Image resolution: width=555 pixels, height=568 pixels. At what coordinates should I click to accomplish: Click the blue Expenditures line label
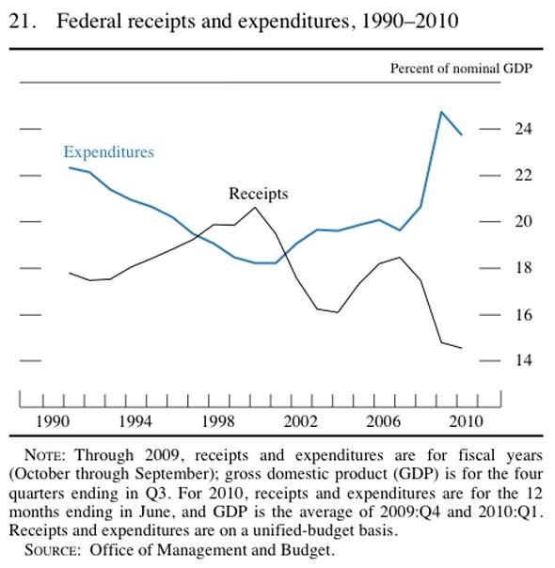[109, 152]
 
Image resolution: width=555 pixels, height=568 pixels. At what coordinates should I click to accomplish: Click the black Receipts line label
[259, 194]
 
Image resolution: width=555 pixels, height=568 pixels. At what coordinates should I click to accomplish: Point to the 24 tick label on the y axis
[523, 129]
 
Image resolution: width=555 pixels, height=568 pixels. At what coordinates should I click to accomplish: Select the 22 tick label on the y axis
[523, 175]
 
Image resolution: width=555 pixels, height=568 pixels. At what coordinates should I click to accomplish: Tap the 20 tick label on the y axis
[523, 221]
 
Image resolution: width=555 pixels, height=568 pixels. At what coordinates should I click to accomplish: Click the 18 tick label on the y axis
[523, 268]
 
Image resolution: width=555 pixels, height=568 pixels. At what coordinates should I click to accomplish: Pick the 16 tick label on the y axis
[523, 315]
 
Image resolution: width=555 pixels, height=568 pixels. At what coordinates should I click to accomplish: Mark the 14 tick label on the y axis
[523, 360]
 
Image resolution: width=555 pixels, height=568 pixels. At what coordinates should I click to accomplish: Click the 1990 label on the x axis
[53, 421]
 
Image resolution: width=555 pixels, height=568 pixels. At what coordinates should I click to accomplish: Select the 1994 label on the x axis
[135, 421]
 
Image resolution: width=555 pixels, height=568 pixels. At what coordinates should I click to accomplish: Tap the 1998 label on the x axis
[218, 421]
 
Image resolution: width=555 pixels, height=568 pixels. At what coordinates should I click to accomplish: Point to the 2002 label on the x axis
[301, 421]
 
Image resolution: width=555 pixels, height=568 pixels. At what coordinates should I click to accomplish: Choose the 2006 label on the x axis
[383, 421]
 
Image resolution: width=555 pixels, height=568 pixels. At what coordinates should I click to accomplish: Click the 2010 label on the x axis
[466, 421]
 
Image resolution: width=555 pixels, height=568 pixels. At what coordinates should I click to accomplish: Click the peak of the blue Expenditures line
[441, 112]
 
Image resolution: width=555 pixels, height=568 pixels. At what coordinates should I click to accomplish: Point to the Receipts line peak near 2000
[255, 207]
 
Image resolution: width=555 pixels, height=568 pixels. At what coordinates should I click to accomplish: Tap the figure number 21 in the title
[23, 22]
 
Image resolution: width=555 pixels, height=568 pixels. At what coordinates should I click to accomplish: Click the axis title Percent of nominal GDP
[461, 69]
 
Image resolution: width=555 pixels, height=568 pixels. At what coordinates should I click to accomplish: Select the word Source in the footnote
[52, 550]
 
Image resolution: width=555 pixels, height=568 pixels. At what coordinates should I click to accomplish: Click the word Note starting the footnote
[45, 455]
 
